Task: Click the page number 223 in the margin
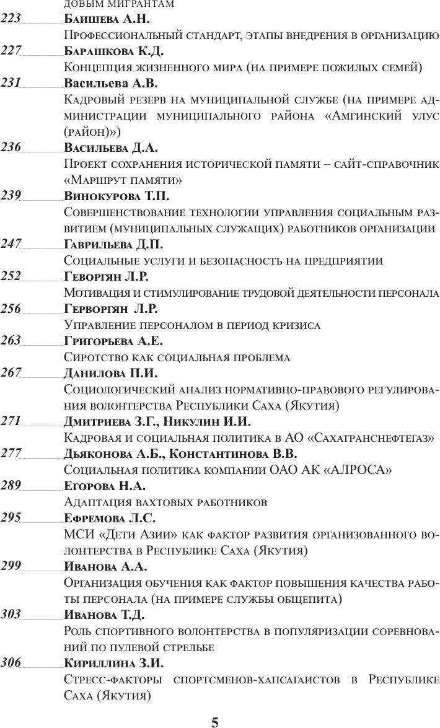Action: click(x=11, y=18)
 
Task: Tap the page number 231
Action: click(x=11, y=82)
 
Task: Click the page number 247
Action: click(x=11, y=244)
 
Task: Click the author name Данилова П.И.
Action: click(x=110, y=374)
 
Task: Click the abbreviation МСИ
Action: click(x=77, y=535)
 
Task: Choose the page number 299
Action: click(x=11, y=566)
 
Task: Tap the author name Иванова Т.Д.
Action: click(x=104, y=615)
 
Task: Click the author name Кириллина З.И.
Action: click(x=113, y=664)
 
